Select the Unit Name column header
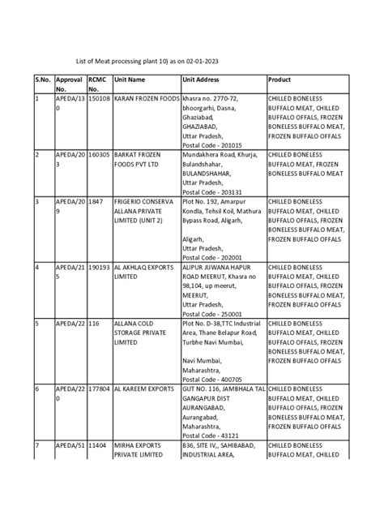click(130, 79)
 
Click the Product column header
click(281, 79)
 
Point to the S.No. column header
click(43, 79)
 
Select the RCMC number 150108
click(99, 98)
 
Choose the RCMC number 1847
click(95, 200)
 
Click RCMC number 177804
click(99, 389)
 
